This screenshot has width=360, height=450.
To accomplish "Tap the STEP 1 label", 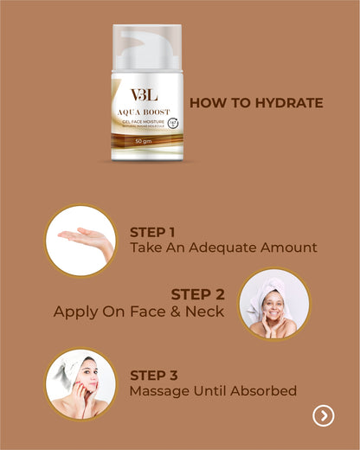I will point(152,232).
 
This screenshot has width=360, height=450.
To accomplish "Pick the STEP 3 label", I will point(153,376).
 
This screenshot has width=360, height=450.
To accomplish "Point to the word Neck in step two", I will point(206,312).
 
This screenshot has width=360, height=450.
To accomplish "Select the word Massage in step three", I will point(158,391).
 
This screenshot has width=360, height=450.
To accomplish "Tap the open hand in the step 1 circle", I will point(87,236).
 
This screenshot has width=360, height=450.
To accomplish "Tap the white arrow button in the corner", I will point(323,416).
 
